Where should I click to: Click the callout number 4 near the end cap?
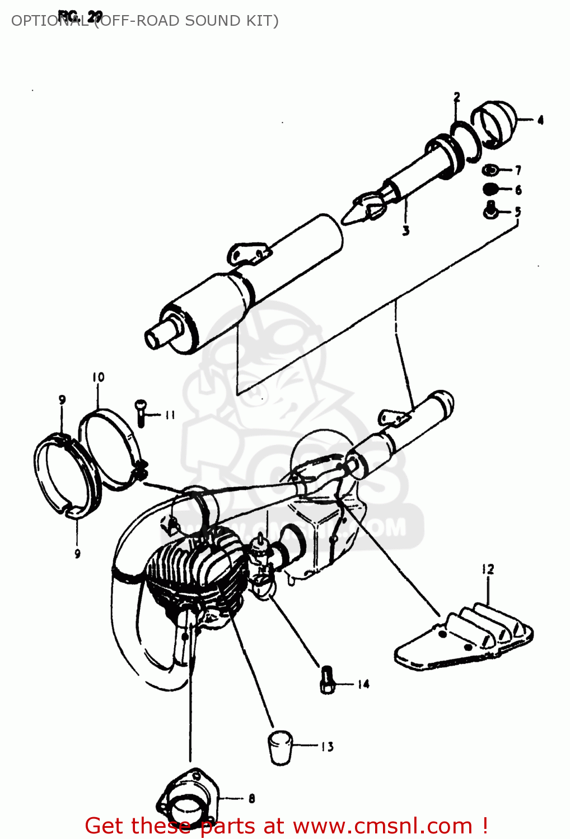pos(540,120)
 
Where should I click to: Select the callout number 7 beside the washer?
pos(518,170)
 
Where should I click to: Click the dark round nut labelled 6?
pos(490,189)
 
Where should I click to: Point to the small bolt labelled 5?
pos(490,210)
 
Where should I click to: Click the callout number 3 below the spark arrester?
pos(406,230)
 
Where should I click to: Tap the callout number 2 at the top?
pos(457,97)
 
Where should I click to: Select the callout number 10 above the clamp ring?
pos(99,377)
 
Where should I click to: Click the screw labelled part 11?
pos(141,412)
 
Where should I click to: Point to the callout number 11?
pos(170,414)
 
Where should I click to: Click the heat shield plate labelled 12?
pos(465,638)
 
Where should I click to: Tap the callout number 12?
pos(488,569)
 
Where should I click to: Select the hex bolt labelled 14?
pos(328,680)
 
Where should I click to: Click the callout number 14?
pos(363,684)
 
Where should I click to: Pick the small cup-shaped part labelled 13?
pos(280,747)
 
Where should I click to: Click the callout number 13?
pos(327,746)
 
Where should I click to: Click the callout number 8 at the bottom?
pos(251,799)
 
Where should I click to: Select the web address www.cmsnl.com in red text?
pos(382,826)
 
